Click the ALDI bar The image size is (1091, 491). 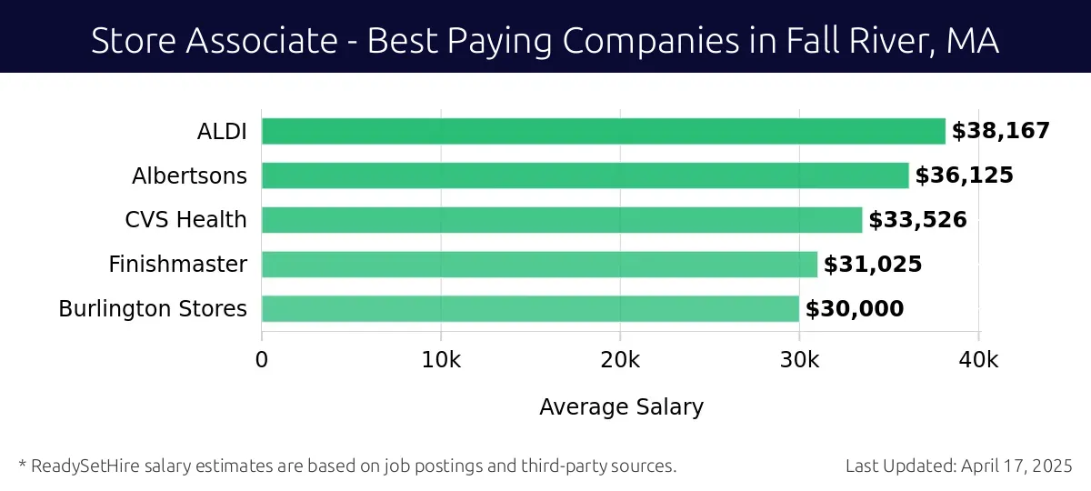tap(603, 131)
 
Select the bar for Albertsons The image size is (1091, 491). tap(585, 175)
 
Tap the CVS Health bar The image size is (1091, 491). tap(561, 220)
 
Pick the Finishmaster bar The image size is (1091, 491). tap(539, 265)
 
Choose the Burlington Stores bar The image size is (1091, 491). tap(530, 309)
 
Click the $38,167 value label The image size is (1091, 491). tap(1000, 131)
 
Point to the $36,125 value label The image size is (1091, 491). tap(964, 175)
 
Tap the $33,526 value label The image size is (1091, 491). tap(917, 220)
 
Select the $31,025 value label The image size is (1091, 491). tap(873, 265)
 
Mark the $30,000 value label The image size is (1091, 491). tap(855, 309)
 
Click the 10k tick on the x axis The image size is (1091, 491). tap(441, 359)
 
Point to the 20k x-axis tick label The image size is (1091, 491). tap(620, 359)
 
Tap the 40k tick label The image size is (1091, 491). tap(978, 359)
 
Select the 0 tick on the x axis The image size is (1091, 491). tap(262, 359)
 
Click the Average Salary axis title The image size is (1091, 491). tap(621, 406)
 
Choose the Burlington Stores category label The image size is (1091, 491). tap(153, 309)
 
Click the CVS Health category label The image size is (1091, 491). tap(185, 220)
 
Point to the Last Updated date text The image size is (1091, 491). tap(959, 466)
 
